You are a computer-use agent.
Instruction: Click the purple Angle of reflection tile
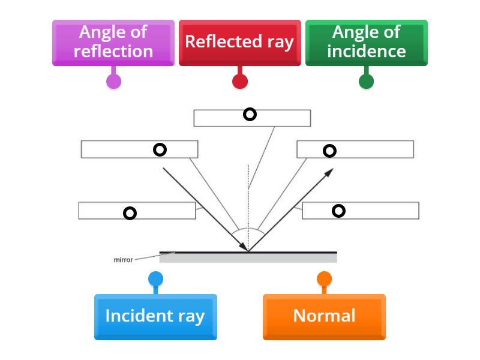click(113, 42)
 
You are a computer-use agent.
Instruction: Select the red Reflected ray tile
click(239, 42)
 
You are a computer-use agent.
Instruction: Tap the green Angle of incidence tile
click(366, 42)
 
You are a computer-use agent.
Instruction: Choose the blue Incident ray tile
click(155, 316)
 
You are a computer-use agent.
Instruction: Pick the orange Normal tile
click(324, 316)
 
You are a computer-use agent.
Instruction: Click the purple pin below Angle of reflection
click(113, 81)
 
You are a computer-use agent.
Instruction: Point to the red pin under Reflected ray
click(240, 81)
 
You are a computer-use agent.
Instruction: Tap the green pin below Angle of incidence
click(366, 81)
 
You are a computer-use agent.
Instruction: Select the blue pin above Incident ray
click(155, 279)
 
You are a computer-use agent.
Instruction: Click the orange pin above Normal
click(324, 279)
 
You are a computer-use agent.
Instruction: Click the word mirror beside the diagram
click(123, 260)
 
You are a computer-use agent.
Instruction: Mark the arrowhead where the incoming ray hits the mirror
click(244, 247)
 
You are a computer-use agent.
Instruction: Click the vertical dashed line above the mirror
click(248, 198)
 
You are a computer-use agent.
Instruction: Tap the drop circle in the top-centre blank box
click(250, 115)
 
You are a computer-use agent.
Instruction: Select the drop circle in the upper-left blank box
click(160, 150)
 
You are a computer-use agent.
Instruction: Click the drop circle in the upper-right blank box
click(329, 151)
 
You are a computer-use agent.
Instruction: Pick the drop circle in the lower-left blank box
click(130, 213)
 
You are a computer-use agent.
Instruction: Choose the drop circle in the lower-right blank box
click(339, 211)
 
